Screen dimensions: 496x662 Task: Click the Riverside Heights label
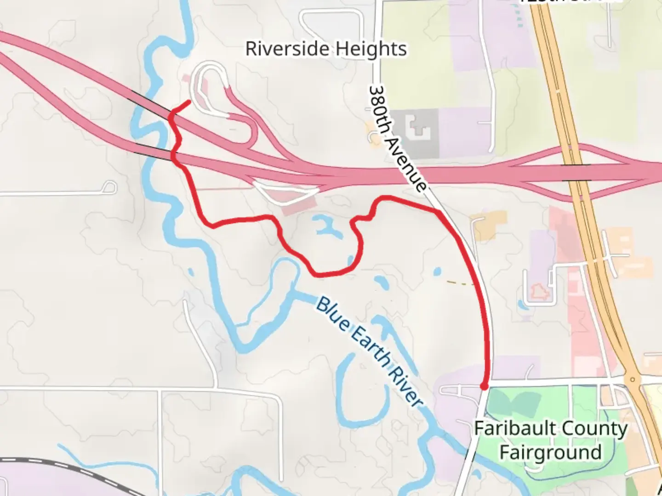(326, 49)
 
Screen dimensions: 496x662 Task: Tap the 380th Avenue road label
(397, 138)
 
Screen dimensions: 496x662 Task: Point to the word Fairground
(550, 452)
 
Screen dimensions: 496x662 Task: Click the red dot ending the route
(484, 387)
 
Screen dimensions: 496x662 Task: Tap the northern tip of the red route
(188, 101)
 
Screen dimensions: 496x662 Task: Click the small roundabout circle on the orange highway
(633, 380)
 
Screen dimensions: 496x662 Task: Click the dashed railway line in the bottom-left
(69, 468)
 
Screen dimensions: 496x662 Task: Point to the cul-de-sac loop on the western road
(109, 187)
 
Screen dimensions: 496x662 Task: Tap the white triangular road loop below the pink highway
(286, 192)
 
